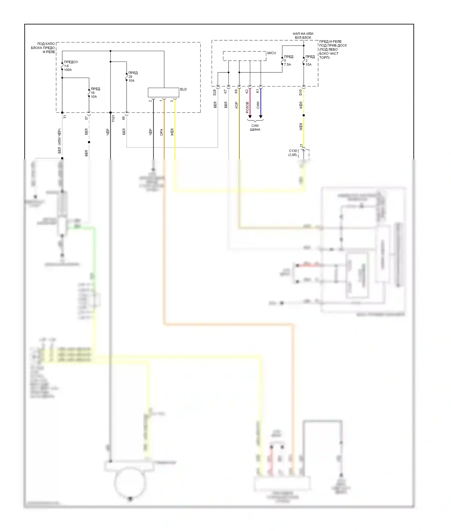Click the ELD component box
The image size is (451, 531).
[163, 92]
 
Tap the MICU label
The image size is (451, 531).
[272, 53]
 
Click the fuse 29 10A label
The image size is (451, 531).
[133, 77]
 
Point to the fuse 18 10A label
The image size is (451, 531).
[95, 93]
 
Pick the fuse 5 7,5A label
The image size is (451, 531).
[288, 60]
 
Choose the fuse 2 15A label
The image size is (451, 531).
[310, 60]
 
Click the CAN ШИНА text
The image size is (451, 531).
[255, 128]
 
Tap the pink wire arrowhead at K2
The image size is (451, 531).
[250, 117]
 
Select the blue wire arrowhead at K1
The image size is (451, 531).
[261, 117]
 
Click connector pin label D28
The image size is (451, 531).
[215, 92]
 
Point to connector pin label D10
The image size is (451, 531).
[300, 92]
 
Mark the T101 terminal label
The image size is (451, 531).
[113, 118]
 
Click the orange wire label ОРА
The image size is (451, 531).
[161, 132]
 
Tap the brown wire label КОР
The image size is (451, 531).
[236, 105]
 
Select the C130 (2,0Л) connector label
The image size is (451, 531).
[293, 153]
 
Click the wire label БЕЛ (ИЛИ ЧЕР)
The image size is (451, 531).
[59, 141]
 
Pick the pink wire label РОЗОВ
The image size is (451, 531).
[247, 107]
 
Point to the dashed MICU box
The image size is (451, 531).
[244, 56]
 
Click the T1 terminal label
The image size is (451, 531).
[65, 117]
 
